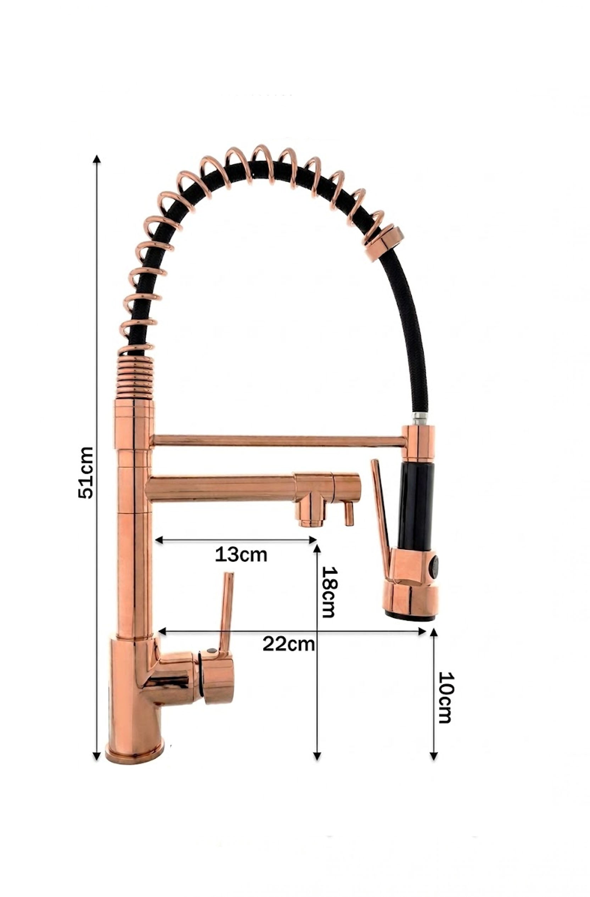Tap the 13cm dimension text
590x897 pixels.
241,555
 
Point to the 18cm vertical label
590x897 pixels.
328,592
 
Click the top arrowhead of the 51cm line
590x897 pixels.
97,160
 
